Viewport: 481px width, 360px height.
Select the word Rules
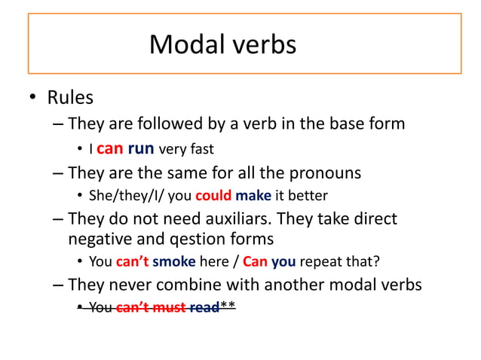click(70, 98)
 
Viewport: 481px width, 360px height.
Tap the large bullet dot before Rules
click(32, 99)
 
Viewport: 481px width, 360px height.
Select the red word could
click(213, 196)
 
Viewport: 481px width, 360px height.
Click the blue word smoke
click(174, 262)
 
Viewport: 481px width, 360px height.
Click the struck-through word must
click(170, 307)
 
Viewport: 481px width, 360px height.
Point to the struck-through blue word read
click(204, 307)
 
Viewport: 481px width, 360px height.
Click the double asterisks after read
click(228, 306)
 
